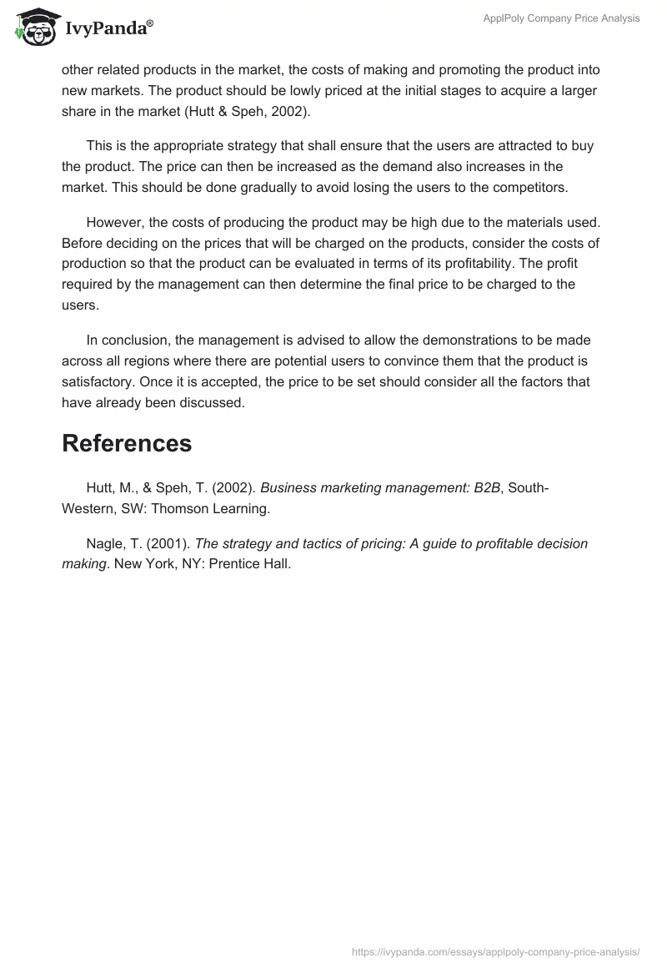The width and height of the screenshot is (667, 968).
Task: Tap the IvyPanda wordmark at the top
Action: (108, 30)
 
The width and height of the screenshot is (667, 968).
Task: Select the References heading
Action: (127, 443)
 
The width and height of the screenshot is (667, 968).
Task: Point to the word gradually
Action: (240, 187)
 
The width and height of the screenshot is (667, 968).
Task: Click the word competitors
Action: (523, 187)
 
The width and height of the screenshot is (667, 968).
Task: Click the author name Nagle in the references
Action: (106, 543)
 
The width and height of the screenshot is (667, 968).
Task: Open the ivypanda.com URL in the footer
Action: (496, 950)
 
